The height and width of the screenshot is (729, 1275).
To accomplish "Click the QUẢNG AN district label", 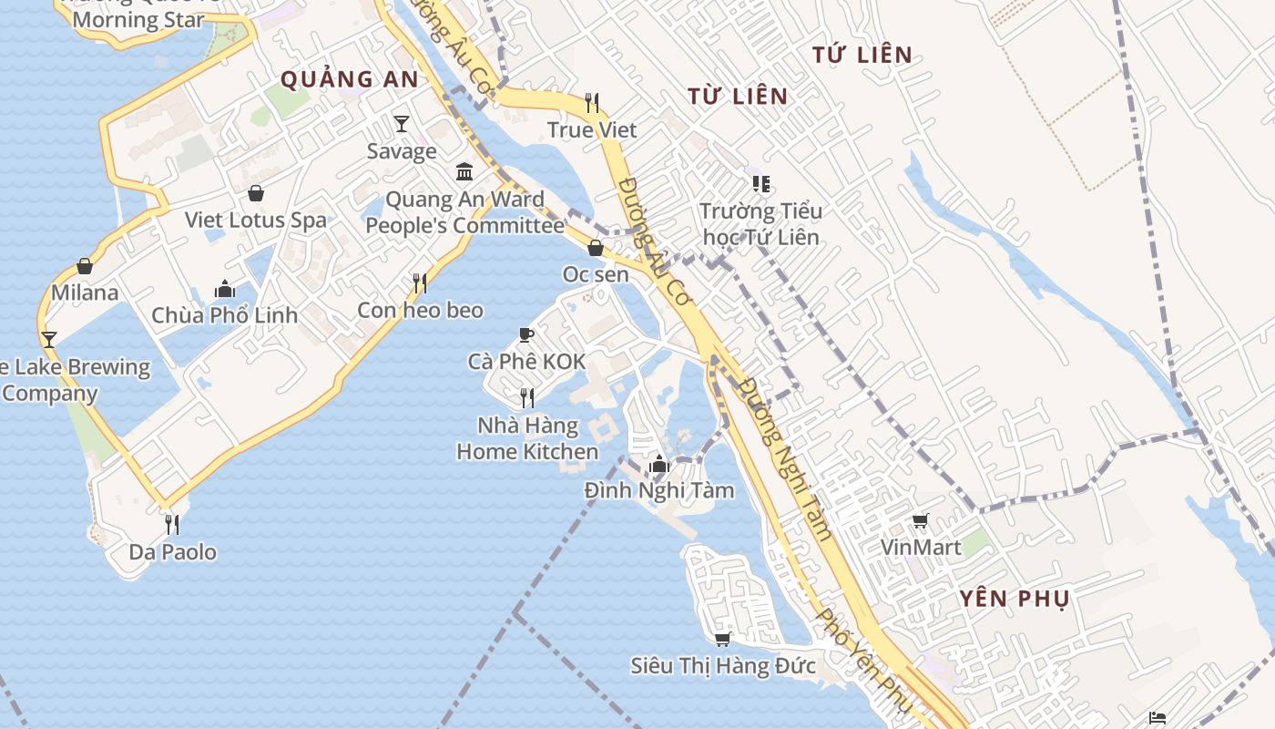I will (350, 79).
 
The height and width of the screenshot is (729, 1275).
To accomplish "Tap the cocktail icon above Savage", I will (402, 123).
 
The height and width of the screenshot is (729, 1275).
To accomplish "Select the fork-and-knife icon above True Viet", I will (592, 102).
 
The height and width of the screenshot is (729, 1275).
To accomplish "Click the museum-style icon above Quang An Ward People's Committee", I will (464, 171).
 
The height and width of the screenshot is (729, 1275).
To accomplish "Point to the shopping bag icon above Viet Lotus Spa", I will (256, 193).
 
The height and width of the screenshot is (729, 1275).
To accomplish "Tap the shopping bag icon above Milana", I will (85, 266).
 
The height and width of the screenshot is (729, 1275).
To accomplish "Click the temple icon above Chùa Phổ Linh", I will (225, 289).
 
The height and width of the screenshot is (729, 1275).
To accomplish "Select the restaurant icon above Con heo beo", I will (420, 283).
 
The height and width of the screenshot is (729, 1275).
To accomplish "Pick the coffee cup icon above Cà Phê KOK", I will (526, 334).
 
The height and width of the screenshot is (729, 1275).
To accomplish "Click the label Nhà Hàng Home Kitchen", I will (527, 438).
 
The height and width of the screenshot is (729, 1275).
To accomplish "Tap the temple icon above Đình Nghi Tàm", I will (659, 465).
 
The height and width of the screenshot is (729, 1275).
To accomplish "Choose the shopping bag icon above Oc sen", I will (596, 248).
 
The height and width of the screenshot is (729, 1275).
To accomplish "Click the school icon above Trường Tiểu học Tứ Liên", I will (761, 184).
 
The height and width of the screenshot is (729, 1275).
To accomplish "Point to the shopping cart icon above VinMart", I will (921, 521).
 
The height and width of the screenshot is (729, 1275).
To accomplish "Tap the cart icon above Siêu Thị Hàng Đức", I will (723, 639).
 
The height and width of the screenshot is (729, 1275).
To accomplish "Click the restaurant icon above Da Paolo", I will (172, 525).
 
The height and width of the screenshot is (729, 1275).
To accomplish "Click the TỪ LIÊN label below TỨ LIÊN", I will (738, 96).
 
